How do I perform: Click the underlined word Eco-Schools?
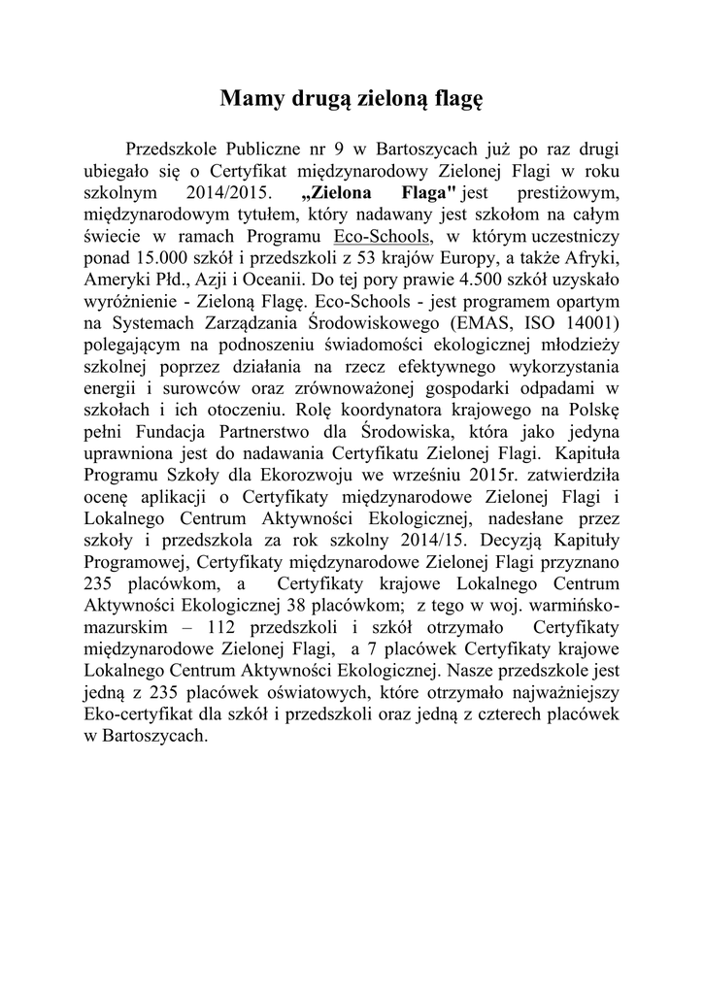388,238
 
